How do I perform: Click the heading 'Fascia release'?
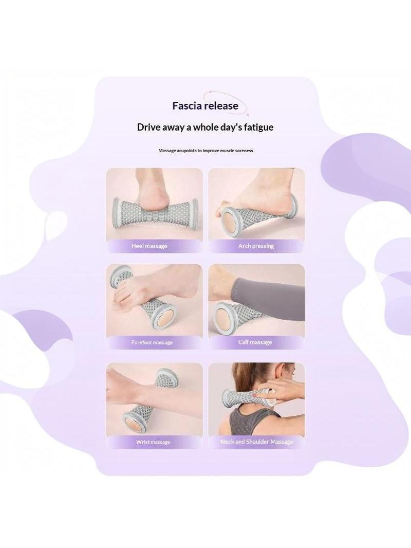tap(206, 106)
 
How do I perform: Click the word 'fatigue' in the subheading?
tap(258, 127)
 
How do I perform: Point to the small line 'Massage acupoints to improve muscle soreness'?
tap(206, 151)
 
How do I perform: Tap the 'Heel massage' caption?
tap(150, 246)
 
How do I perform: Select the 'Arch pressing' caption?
tap(256, 246)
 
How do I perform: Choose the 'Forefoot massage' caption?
tap(152, 342)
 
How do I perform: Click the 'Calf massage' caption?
tap(255, 342)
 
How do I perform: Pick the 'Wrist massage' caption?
tap(153, 442)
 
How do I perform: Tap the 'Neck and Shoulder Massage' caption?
tap(257, 442)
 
